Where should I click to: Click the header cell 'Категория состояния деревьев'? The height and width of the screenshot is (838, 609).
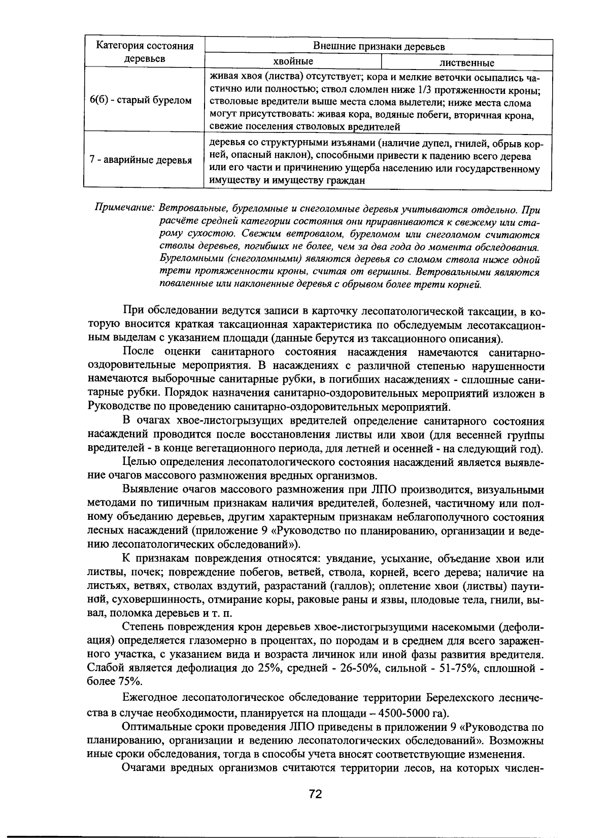(x=145, y=53)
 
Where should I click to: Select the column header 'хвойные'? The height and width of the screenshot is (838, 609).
(x=293, y=61)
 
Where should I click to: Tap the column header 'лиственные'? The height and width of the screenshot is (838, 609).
(x=466, y=63)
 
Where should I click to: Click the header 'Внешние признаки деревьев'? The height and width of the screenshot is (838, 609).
(x=378, y=47)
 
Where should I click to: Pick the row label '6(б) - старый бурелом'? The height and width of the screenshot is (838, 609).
(x=141, y=100)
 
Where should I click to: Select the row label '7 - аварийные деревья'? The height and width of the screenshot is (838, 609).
(x=141, y=160)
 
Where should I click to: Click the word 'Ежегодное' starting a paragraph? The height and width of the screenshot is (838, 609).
(x=149, y=697)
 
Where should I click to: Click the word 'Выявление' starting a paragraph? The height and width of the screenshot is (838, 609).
(x=147, y=489)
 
